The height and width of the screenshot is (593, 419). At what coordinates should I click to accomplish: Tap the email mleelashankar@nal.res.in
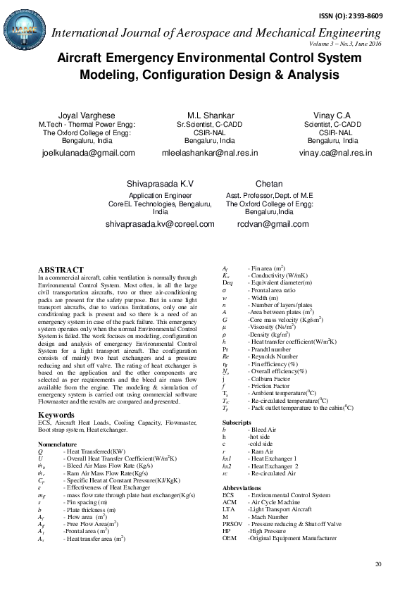tap(210, 152)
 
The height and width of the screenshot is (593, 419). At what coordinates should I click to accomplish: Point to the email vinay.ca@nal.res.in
tap(335, 152)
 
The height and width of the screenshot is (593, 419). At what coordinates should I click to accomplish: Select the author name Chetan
tap(269, 183)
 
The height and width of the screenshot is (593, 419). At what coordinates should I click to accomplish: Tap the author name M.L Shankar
tap(210, 115)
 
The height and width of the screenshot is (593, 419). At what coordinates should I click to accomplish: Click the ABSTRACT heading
tap(61, 270)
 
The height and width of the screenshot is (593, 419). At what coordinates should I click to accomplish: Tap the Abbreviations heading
tap(242, 488)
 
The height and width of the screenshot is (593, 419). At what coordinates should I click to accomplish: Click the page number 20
tap(378, 564)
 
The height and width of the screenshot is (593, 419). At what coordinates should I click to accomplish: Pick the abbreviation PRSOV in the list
tap(232, 524)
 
